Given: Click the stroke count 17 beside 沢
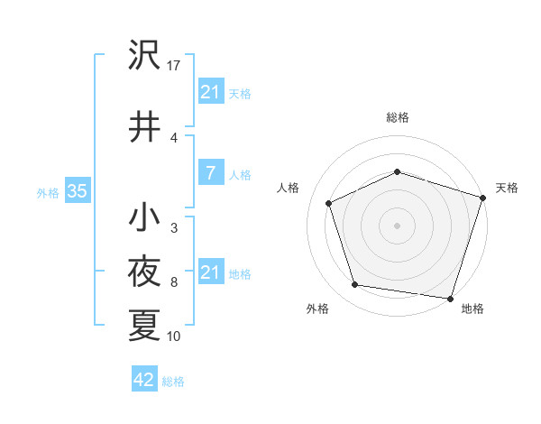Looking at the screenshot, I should point(174,65).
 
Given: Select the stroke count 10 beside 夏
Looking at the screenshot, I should point(174,336).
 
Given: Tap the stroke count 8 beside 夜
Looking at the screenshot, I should point(173,282).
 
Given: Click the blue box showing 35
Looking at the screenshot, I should point(77,191).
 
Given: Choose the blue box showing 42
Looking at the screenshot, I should point(143,380).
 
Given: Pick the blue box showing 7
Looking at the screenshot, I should point(210,173).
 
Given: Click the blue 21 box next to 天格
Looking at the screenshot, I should point(210,92).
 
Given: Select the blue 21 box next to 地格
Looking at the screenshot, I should point(210,272).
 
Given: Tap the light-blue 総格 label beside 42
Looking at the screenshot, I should point(173,382).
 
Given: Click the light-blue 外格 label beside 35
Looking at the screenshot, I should point(48,192).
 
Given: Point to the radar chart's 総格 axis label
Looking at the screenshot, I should point(398,117).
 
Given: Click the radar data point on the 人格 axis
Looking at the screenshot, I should point(329,203).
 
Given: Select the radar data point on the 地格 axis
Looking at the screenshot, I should point(450,297).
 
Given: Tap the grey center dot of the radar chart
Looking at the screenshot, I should point(398,225).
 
